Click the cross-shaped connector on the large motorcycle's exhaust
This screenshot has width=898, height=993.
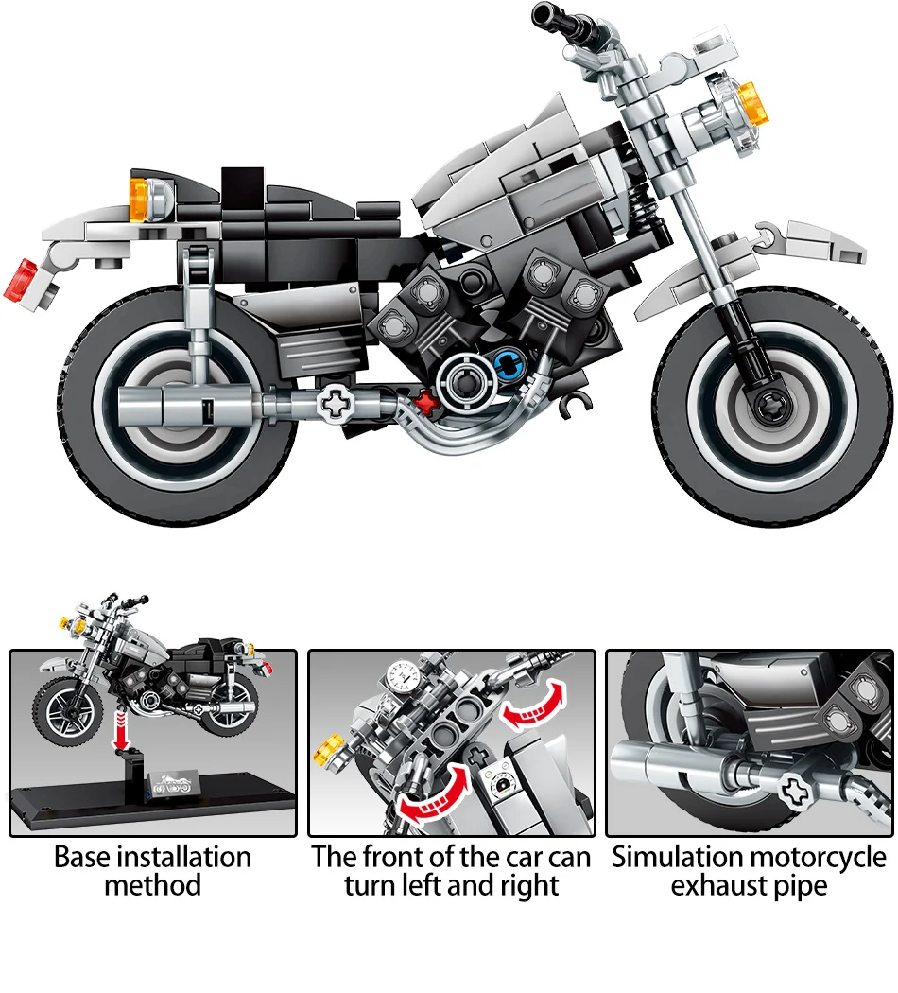pyautogui.click(x=336, y=404)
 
